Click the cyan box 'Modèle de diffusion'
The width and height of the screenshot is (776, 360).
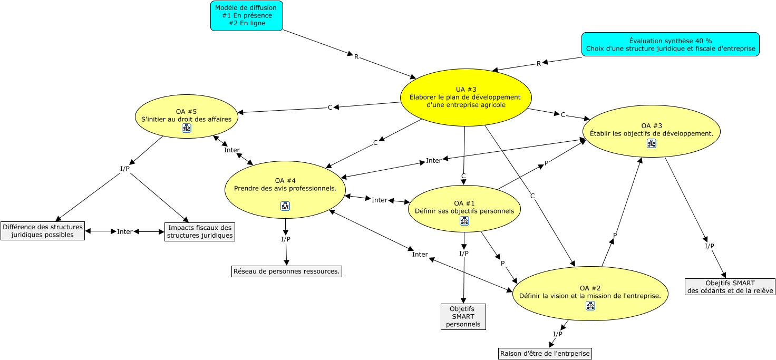pyautogui.click(x=247, y=16)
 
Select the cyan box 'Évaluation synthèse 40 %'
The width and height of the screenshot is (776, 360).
pyautogui.click(x=671, y=44)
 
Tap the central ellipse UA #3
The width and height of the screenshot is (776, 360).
pyautogui.click(x=466, y=98)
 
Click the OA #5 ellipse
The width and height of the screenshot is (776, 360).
pyautogui.click(x=187, y=116)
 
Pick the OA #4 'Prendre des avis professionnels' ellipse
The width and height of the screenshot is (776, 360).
pyautogui.click(x=285, y=190)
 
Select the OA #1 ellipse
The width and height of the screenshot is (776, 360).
pyautogui.click(x=464, y=209)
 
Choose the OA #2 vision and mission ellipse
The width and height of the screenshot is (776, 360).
pyautogui.click(x=590, y=294)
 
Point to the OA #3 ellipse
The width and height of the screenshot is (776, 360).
pyautogui.click(x=651, y=131)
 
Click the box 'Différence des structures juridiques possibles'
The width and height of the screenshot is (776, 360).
pyautogui.click(x=43, y=231)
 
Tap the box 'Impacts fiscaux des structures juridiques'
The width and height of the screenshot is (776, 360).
pyautogui.click(x=200, y=232)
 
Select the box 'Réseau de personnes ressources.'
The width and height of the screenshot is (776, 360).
pyautogui.click(x=286, y=271)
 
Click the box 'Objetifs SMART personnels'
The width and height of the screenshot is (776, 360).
pyautogui.click(x=463, y=317)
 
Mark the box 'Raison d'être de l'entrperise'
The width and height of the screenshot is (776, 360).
pyautogui.click(x=545, y=354)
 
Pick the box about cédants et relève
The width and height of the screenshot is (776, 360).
pyautogui.click(x=730, y=287)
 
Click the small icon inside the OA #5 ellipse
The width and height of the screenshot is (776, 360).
pyautogui.click(x=187, y=128)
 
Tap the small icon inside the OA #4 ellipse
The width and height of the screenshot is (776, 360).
pyautogui.click(x=285, y=206)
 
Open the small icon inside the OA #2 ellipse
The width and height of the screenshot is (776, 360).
pyautogui.click(x=590, y=306)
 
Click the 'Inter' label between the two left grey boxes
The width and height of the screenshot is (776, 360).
pyautogui.click(x=125, y=231)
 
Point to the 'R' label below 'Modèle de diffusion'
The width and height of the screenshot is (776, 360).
pyautogui.click(x=356, y=56)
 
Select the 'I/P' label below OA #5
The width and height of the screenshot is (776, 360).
pyautogui.click(x=125, y=169)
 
